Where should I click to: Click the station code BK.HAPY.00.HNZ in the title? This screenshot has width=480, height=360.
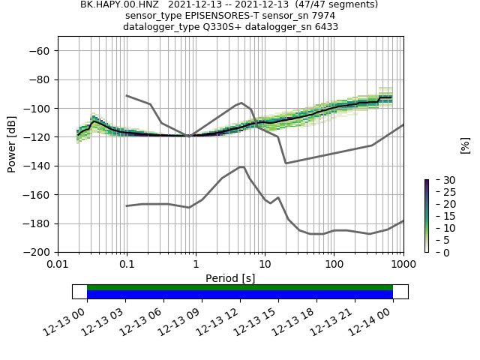pyautogui.click(x=114, y=4)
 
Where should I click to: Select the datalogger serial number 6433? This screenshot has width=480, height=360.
pyautogui.click(x=326, y=27)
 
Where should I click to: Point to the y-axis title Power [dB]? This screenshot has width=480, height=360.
pyautogui.click(x=12, y=144)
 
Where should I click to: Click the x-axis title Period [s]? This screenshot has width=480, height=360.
pyautogui.click(x=230, y=278)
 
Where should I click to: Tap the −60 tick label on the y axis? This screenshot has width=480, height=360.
pyautogui.click(x=39, y=51)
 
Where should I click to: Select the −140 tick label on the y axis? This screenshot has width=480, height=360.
pyautogui.click(x=37, y=166)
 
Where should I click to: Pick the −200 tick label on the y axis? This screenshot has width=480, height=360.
pyautogui.click(x=37, y=252)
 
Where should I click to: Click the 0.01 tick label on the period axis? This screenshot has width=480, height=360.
pyautogui.click(x=58, y=264)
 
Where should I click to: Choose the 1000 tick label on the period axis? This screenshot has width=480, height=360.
pyautogui.click(x=403, y=264)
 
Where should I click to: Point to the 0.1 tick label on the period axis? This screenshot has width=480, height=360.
pyautogui.click(x=127, y=264)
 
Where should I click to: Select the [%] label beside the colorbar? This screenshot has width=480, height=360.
pyautogui.click(x=465, y=145)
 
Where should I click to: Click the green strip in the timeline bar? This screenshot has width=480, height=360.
pyautogui.click(x=240, y=287)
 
